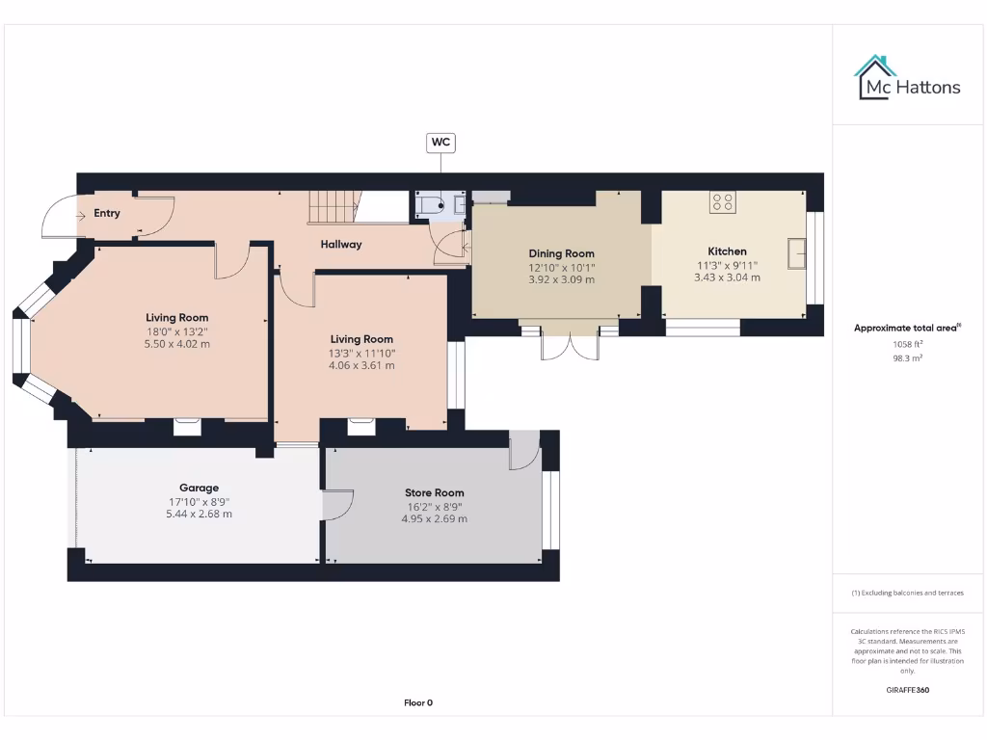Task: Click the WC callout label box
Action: (440, 143)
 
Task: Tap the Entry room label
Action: (107, 213)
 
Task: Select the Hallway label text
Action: (341, 244)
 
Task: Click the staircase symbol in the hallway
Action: (333, 206)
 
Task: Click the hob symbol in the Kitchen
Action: (723, 202)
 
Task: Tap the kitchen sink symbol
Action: (797, 252)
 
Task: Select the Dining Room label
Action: (561, 253)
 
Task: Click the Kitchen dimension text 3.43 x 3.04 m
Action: (727, 277)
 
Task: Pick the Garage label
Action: (199, 488)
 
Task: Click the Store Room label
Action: (434, 492)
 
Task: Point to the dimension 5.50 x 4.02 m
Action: (176, 343)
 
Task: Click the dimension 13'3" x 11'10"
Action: (361, 353)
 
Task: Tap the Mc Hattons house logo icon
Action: (874, 77)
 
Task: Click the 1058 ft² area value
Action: (907, 343)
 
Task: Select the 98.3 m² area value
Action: (907, 357)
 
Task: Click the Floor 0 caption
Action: (417, 702)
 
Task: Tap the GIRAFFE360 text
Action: (907, 690)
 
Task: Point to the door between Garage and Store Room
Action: (336, 505)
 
